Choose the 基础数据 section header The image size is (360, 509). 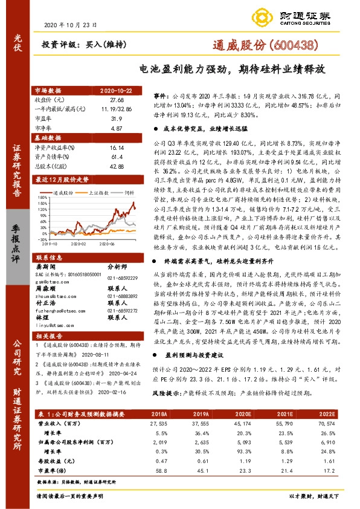tap(50, 138)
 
